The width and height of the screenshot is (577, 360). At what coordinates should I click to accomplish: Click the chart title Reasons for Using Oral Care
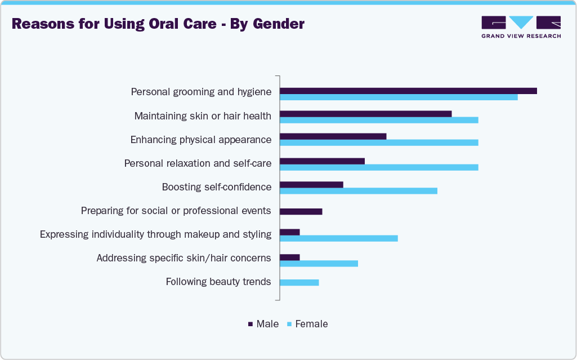coord(158,24)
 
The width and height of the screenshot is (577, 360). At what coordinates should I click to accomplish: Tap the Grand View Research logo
coord(521,27)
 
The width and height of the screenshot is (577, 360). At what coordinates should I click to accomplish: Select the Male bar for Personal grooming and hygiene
coord(408,91)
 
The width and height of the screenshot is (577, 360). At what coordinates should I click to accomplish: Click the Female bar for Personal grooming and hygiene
coord(399,97)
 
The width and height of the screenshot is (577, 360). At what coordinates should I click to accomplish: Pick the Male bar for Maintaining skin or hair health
coord(365,114)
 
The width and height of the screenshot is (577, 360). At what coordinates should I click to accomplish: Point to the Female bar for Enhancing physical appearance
coord(379,143)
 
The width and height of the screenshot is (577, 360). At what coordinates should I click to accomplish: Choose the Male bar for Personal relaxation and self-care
coord(322,161)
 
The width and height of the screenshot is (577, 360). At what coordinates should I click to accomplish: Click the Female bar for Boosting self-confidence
coord(359,190)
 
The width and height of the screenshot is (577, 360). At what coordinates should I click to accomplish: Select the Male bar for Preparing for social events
coord(301,211)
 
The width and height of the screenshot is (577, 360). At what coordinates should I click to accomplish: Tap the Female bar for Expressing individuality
coord(338,238)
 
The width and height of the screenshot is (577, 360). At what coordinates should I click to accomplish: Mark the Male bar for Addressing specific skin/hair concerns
coord(289,257)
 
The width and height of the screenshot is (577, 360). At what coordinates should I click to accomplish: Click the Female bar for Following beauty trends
coord(299,282)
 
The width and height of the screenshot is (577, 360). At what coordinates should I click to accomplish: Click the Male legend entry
coord(263,324)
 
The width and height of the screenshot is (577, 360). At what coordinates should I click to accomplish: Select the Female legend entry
coord(307,324)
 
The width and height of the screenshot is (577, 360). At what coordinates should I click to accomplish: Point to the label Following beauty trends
coord(218,282)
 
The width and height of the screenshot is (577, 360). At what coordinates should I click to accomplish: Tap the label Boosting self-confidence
coord(217,187)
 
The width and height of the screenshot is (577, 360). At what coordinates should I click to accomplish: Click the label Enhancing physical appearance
coord(201,140)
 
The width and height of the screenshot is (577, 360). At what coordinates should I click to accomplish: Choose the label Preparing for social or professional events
coord(176,211)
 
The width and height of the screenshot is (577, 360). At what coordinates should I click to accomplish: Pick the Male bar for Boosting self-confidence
coord(311,184)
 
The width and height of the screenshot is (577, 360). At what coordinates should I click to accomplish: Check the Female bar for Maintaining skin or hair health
coord(379,120)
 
